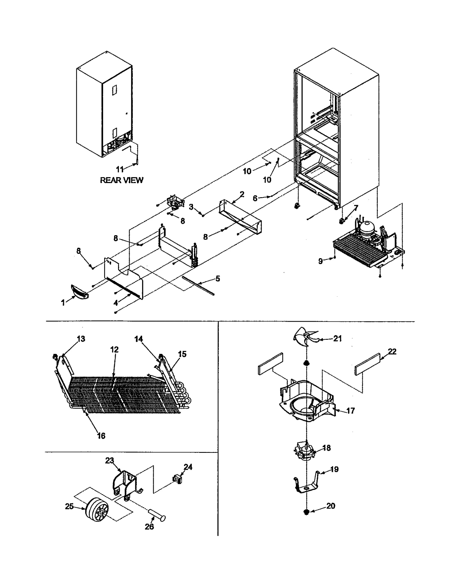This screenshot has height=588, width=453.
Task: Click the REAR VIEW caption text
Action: tap(121, 180)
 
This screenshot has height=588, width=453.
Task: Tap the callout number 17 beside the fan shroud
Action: tap(351, 411)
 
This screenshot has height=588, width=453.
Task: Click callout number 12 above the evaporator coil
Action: tap(114, 350)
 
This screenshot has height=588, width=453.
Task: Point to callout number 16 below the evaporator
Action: tap(101, 436)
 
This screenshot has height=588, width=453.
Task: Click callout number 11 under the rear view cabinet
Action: tap(120, 169)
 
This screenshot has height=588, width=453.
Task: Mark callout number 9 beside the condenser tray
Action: tap(320, 261)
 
